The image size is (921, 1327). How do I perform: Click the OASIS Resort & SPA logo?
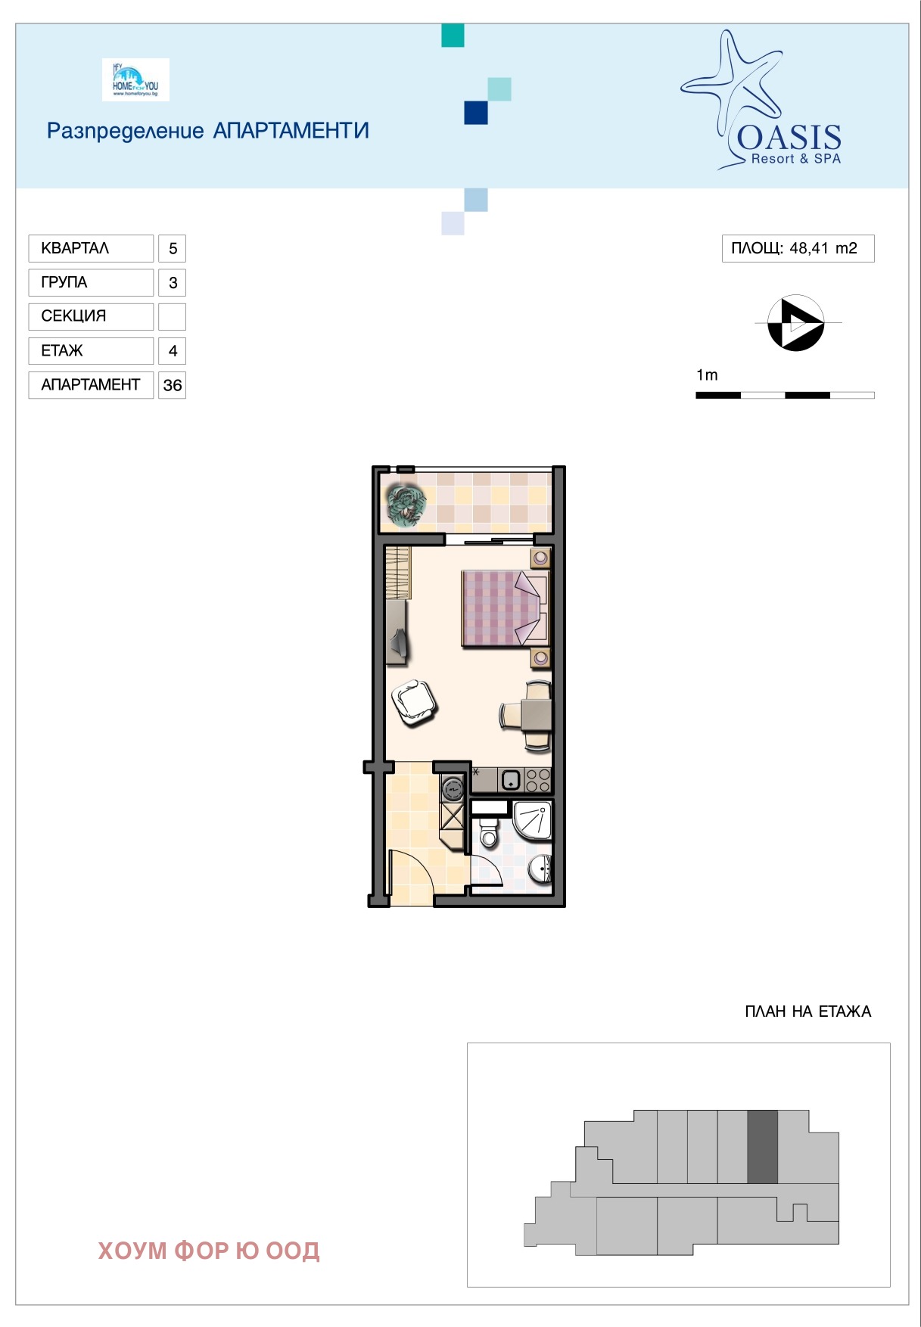click(764, 102)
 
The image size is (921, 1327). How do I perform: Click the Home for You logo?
click(135, 80)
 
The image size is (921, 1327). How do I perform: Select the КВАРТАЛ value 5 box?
click(173, 248)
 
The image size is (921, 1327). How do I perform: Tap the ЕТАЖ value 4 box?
click(173, 351)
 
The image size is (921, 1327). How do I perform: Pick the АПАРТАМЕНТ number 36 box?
click(173, 385)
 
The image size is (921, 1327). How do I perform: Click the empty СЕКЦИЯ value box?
click(173, 316)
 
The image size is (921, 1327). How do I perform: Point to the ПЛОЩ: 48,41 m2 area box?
click(798, 248)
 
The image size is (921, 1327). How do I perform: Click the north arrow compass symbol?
click(795, 323)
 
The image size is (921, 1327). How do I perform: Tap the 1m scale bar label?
click(707, 375)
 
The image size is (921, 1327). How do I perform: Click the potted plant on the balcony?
click(406, 504)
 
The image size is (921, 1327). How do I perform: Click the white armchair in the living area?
click(413, 703)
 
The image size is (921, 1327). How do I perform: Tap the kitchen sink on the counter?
click(511, 779)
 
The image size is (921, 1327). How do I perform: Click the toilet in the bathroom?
click(489, 832)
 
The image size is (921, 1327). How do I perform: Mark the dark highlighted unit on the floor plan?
click(762, 1147)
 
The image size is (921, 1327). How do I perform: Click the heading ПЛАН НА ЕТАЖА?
click(807, 1012)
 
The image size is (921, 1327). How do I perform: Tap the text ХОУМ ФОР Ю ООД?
click(209, 1251)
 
